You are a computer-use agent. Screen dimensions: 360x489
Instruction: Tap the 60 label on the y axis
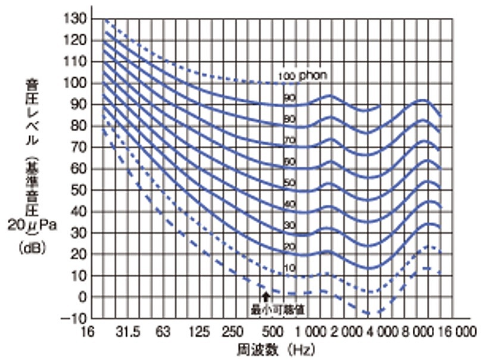(79, 168)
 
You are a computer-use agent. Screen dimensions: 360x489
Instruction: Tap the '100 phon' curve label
(303, 76)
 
